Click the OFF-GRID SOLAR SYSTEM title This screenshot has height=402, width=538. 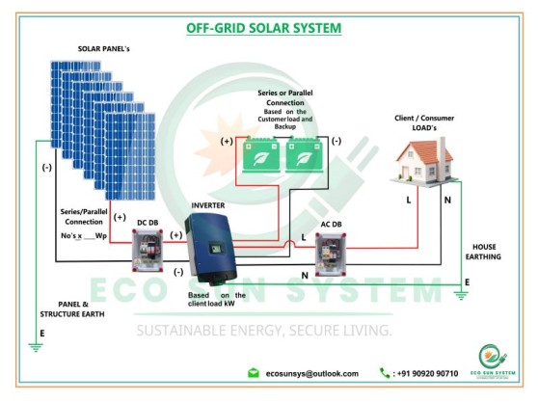pos(264,28)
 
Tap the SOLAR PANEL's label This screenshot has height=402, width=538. pos(103,49)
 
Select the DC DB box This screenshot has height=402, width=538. pos(148,250)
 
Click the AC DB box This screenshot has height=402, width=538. pos(331,255)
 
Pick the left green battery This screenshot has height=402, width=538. pos(260,154)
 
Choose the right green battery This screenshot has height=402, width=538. pos(304,154)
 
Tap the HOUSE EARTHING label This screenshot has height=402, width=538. pos(483,252)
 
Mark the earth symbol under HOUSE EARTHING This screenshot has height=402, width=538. pos(461,295)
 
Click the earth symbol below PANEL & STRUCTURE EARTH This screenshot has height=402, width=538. pos(36,347)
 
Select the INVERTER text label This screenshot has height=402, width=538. pos(208,205)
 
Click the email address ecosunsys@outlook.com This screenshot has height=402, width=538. pos(311,373)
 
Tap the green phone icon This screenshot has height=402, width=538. pos(385,373)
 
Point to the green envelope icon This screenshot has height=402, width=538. pos(254,373)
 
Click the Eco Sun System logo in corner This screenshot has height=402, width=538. pos(493,361)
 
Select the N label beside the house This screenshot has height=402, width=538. pos(447,201)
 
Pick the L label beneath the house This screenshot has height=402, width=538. pos(408,200)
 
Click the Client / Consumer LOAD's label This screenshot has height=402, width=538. pos(424,122)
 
